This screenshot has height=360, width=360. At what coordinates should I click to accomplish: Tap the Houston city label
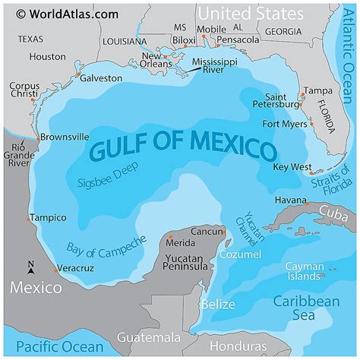click(x=47, y=56)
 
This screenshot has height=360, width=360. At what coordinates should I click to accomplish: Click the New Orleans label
click(x=161, y=61)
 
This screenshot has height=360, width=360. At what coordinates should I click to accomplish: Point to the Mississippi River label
click(x=214, y=65)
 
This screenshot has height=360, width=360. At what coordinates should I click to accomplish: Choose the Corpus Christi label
click(x=24, y=91)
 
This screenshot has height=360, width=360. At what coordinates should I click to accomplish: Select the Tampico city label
click(x=49, y=218)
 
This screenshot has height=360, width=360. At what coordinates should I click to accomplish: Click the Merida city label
click(x=180, y=242)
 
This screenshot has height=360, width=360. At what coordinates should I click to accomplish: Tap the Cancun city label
click(x=207, y=231)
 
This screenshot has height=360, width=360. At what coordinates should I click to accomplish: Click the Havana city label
click(x=290, y=200)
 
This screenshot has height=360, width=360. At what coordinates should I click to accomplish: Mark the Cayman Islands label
click(x=305, y=271)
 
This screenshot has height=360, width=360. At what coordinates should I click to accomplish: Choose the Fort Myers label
click(x=283, y=124)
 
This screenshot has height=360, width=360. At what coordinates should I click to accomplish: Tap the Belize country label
click(x=214, y=305)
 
